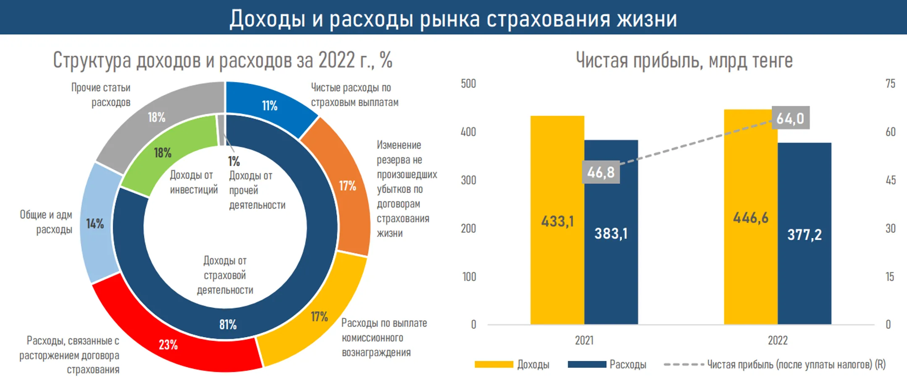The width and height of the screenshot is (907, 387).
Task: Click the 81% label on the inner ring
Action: [228, 324]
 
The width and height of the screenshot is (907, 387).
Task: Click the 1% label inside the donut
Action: [234, 161]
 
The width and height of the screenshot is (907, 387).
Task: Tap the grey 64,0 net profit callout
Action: [790, 118]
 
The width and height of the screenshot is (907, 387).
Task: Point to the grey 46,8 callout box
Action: [601, 172]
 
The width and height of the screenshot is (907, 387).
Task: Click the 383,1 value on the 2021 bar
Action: [611, 234]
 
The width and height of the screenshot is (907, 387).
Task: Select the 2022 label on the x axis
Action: [778, 340]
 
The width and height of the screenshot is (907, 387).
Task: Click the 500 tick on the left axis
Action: [468, 83]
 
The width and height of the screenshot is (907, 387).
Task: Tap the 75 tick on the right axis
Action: [890, 83]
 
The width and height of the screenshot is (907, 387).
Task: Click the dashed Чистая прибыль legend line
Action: [684, 364]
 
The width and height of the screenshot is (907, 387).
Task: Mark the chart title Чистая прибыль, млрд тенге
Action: [684, 60]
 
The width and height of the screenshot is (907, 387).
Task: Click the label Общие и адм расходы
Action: [46, 222]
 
